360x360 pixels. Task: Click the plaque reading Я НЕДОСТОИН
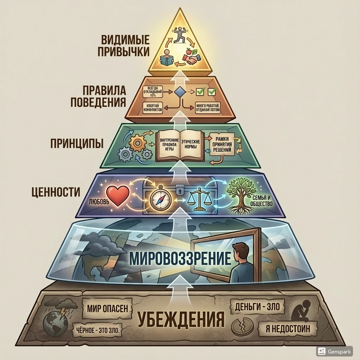click(287, 330)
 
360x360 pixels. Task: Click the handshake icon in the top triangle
click(191, 60)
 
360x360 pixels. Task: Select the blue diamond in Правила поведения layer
click(180, 92)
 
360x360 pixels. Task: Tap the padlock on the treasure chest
click(180, 190)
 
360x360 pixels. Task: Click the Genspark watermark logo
click(321, 351)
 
